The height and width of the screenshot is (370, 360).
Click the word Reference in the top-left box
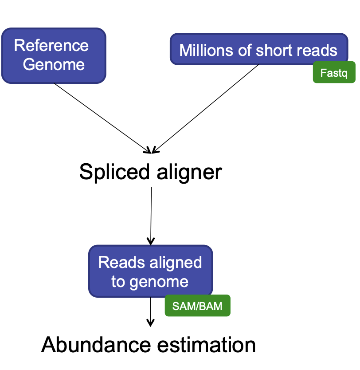51,45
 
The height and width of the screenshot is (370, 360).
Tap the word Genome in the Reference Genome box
54,65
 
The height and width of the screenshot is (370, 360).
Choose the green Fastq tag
334,73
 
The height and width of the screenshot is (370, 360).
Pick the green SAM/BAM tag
198,306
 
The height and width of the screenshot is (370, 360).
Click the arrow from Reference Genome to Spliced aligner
102,117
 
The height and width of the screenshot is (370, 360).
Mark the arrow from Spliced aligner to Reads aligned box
151,215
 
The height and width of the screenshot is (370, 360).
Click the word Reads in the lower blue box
116,262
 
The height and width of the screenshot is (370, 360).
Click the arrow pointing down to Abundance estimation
151,313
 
